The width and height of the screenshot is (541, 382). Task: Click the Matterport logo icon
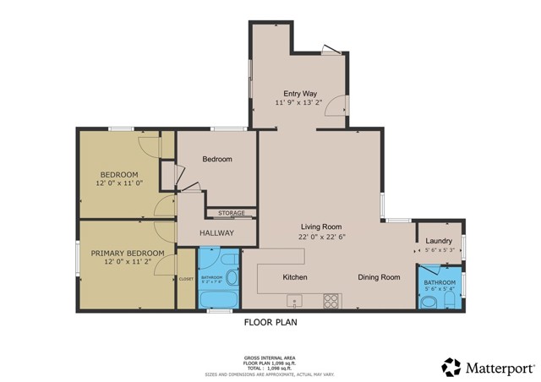coord(451,368)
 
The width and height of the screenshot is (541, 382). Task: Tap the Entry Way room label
coord(300,94)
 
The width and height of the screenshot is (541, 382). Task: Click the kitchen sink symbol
coord(293,300)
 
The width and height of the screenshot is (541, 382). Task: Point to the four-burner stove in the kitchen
coord(331,300)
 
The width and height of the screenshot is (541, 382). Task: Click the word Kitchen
coord(295,277)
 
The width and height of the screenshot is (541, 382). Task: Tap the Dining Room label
coord(379,277)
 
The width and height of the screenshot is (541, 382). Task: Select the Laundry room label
coord(439,241)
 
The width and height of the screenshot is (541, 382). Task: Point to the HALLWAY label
coord(216,233)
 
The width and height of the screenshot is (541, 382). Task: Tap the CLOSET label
coord(186,278)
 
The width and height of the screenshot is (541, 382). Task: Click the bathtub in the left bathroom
coord(219,297)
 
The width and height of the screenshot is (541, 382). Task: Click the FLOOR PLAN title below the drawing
coord(270,322)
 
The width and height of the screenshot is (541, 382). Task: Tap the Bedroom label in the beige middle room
coord(216,159)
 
